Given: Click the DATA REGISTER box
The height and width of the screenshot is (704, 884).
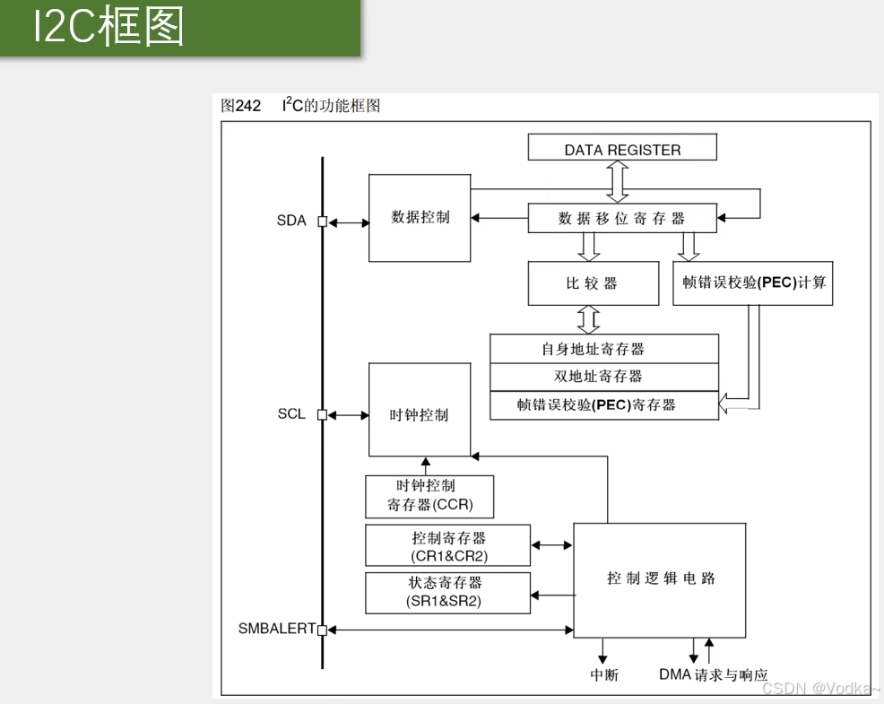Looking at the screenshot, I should [x=622, y=148].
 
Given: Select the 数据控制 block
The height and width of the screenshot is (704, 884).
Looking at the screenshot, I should [x=420, y=218].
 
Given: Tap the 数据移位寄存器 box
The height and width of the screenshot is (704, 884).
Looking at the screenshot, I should [x=622, y=218].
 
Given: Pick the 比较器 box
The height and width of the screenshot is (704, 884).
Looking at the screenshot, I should [x=591, y=283].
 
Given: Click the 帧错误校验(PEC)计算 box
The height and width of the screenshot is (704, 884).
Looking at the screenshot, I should [x=753, y=282].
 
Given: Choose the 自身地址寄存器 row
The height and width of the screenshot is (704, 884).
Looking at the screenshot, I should [x=604, y=349].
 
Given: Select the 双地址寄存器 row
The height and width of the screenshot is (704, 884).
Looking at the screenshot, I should [x=604, y=377].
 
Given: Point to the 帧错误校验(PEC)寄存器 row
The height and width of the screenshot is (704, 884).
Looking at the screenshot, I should [x=604, y=404].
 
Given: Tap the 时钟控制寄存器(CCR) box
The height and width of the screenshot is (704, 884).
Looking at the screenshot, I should [x=429, y=496].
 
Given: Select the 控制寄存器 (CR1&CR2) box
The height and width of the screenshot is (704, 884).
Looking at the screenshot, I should [x=447, y=546].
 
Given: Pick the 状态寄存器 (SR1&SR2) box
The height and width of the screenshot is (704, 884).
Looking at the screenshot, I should [x=447, y=593].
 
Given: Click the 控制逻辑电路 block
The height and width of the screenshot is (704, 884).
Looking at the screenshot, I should [x=660, y=578].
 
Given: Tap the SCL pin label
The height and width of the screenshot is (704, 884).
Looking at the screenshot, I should [x=291, y=414].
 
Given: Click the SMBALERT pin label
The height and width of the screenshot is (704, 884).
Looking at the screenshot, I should [x=276, y=629].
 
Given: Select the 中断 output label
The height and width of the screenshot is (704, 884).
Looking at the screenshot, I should [x=603, y=675].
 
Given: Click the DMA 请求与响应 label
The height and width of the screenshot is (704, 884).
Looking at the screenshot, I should [x=713, y=675].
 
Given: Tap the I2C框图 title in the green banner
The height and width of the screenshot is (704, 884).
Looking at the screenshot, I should [x=108, y=28].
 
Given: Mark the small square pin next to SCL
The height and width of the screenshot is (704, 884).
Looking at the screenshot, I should [x=323, y=414].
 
